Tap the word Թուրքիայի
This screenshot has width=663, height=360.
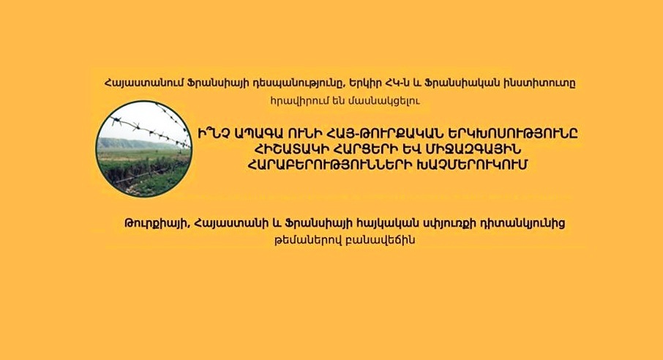155,223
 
